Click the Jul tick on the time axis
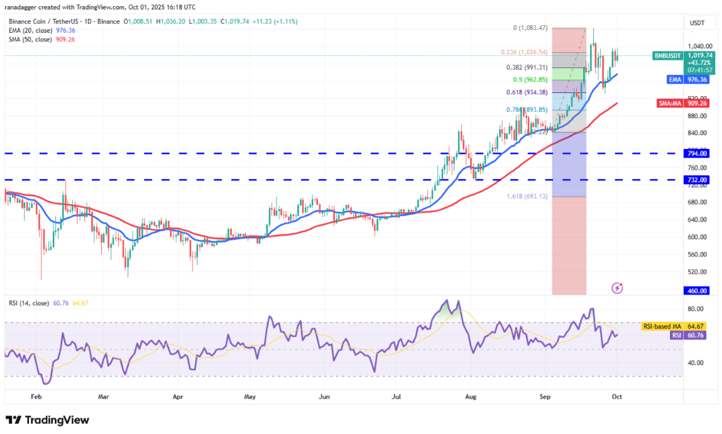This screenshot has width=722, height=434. pyautogui.click(x=397, y=398)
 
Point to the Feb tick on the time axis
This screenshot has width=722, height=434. pyautogui.click(x=36, y=398)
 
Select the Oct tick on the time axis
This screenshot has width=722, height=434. pyautogui.click(x=617, y=398)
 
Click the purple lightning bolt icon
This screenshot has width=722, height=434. pyautogui.click(x=617, y=288)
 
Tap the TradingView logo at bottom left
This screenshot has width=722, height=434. pyautogui.click(x=48, y=420)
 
